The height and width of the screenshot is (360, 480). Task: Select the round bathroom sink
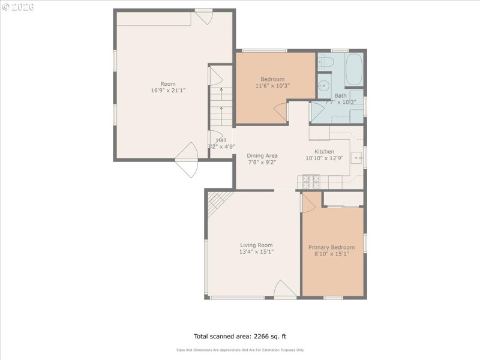tap(324, 85)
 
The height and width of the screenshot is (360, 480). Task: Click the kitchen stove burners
tap(310, 179)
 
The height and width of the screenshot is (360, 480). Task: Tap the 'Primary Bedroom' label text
tap(331, 247)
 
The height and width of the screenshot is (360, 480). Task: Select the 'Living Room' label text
tap(256, 245)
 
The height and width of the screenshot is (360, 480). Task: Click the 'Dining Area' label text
tap(262, 155)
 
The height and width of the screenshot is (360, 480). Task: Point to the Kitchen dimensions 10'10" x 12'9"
tap(325, 159)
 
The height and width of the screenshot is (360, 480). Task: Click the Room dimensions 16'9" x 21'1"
tap(168, 91)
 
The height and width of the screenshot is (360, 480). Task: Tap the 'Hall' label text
tap(221, 140)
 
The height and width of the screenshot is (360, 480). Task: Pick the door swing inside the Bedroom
tap(281, 111)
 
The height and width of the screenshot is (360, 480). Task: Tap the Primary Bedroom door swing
tap(307, 202)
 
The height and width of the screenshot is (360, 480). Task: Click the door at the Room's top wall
tap(203, 16)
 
